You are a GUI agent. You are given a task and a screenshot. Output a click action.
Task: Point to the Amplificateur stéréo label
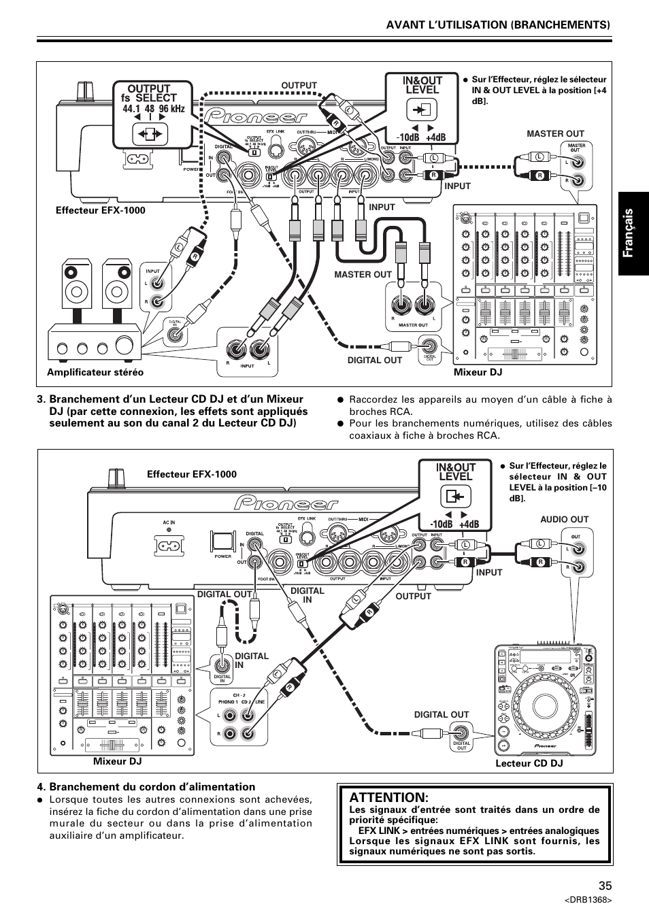coord(95,372)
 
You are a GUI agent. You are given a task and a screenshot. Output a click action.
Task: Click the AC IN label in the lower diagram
coord(169,522)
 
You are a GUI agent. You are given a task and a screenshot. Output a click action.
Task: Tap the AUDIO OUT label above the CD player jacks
coord(564,519)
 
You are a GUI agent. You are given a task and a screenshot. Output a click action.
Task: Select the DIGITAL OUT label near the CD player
coord(442,714)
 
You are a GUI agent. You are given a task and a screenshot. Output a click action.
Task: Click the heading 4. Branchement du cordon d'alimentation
coord(146,786)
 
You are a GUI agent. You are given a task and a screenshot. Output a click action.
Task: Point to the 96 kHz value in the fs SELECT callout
coord(172,109)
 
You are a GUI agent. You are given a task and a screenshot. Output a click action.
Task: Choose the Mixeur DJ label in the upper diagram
coord(478,372)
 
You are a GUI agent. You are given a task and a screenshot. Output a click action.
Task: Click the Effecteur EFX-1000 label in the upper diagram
coord(100,210)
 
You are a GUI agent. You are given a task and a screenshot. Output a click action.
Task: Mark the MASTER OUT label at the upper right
coord(555,133)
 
